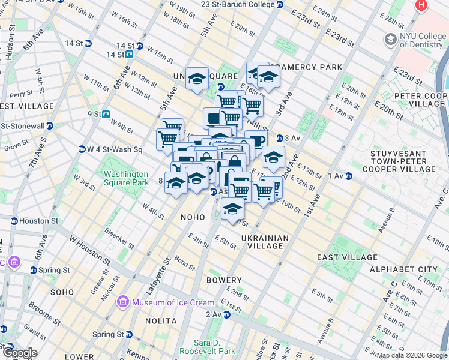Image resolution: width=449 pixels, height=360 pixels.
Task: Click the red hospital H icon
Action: pos(423,6)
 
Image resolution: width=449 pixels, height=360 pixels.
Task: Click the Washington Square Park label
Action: pos(125,178)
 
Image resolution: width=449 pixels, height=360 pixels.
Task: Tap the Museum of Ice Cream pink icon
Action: pos(123,302)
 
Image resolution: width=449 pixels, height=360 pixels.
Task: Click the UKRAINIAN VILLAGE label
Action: pos(265,242)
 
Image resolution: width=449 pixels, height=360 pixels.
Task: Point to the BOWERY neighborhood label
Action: pos(224,280)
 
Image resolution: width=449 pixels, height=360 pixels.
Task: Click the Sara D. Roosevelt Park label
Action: pos(210,347)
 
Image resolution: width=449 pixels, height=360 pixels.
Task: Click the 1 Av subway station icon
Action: pos(348,176)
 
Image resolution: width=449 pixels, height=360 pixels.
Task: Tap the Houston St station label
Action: pos(38,221)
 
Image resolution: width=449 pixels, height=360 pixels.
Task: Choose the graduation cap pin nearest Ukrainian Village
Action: pos(232,210)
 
